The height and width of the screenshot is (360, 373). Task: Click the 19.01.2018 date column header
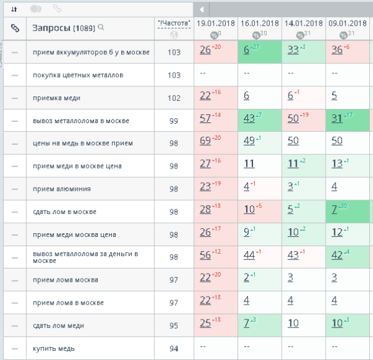(215, 22)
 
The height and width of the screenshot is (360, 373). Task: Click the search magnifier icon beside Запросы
(101, 27)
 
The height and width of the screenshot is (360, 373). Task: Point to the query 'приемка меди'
(57, 98)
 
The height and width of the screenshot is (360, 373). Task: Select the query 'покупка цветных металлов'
(78, 75)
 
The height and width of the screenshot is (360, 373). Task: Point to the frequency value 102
(174, 98)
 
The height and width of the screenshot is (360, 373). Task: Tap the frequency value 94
(174, 348)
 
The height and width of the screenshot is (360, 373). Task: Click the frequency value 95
(174, 325)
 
